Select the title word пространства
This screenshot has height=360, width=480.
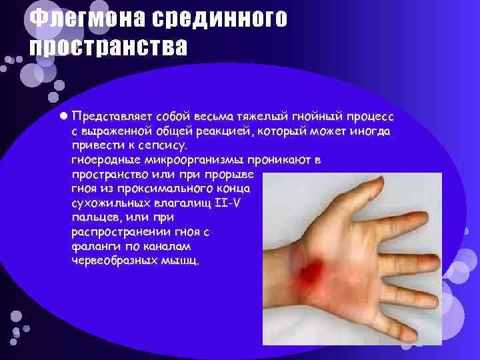[x=108, y=48]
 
